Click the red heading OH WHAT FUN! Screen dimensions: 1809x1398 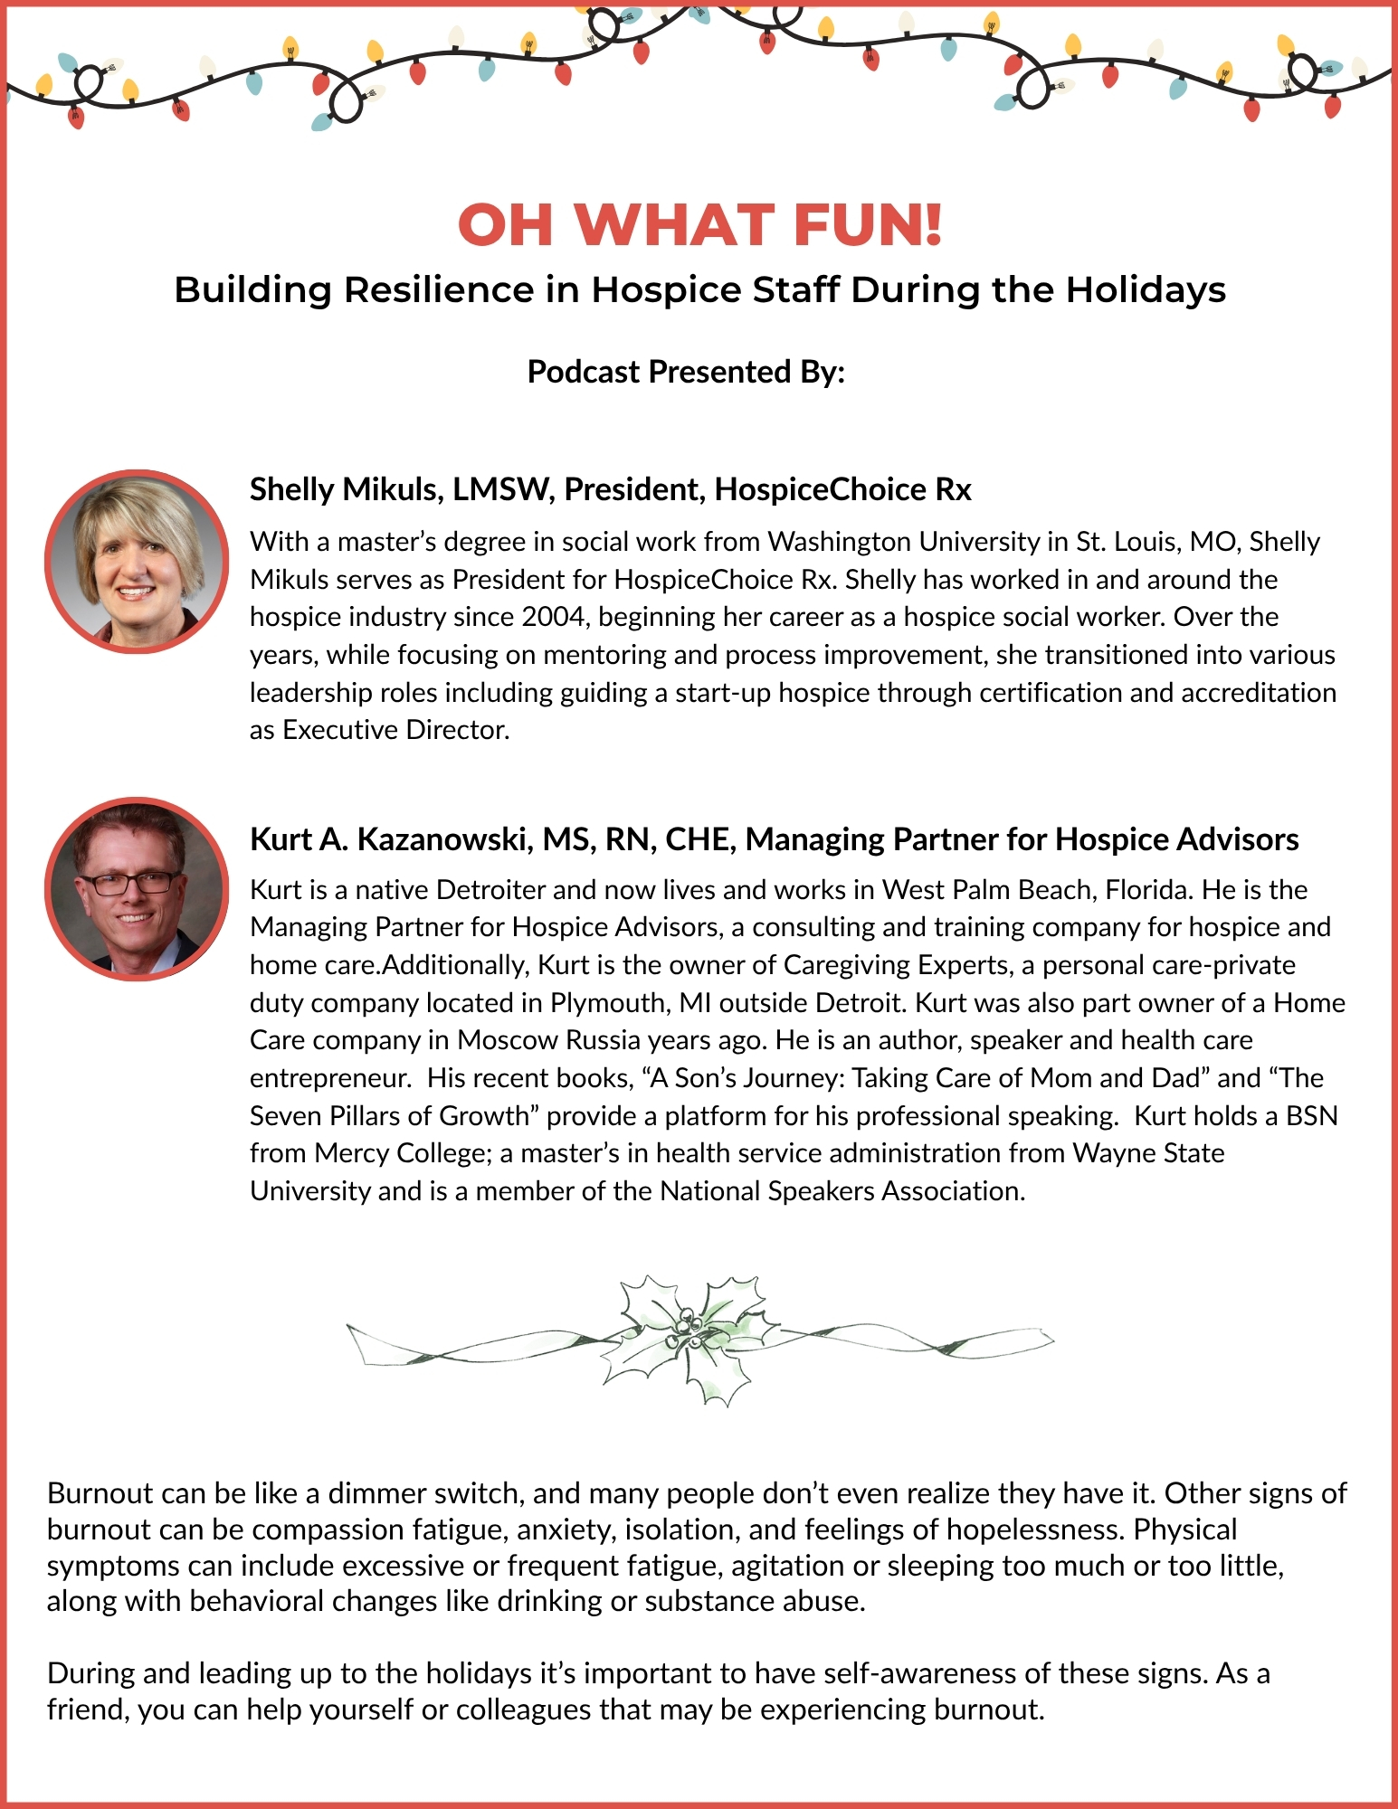click(699, 224)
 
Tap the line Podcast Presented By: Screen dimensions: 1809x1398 click(686, 372)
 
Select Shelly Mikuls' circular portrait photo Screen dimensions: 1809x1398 click(137, 562)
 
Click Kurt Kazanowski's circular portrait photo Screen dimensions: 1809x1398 click(137, 889)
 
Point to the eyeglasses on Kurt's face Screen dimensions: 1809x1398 click(128, 883)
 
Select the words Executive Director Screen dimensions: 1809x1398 click(395, 730)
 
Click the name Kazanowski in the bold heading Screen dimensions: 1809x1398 click(443, 839)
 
